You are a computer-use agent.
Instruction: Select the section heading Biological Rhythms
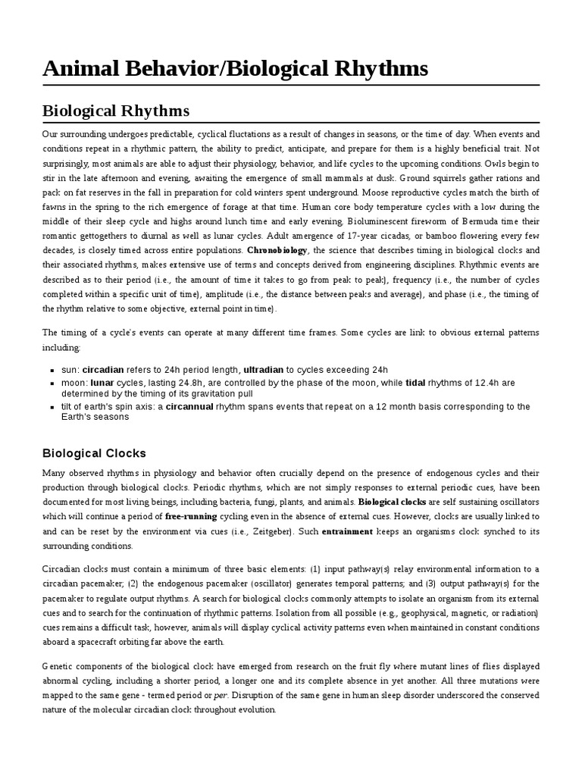pyautogui.click(x=115, y=111)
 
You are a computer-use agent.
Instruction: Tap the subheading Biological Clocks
pyautogui.click(x=93, y=453)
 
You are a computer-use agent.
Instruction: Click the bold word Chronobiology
pyautogui.click(x=277, y=250)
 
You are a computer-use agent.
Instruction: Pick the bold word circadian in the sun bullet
pyautogui.click(x=106, y=370)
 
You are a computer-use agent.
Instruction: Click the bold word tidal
pyautogui.click(x=415, y=383)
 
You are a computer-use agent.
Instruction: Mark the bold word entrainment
pyautogui.click(x=347, y=531)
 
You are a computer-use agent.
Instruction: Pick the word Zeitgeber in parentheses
pyautogui.click(x=270, y=531)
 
